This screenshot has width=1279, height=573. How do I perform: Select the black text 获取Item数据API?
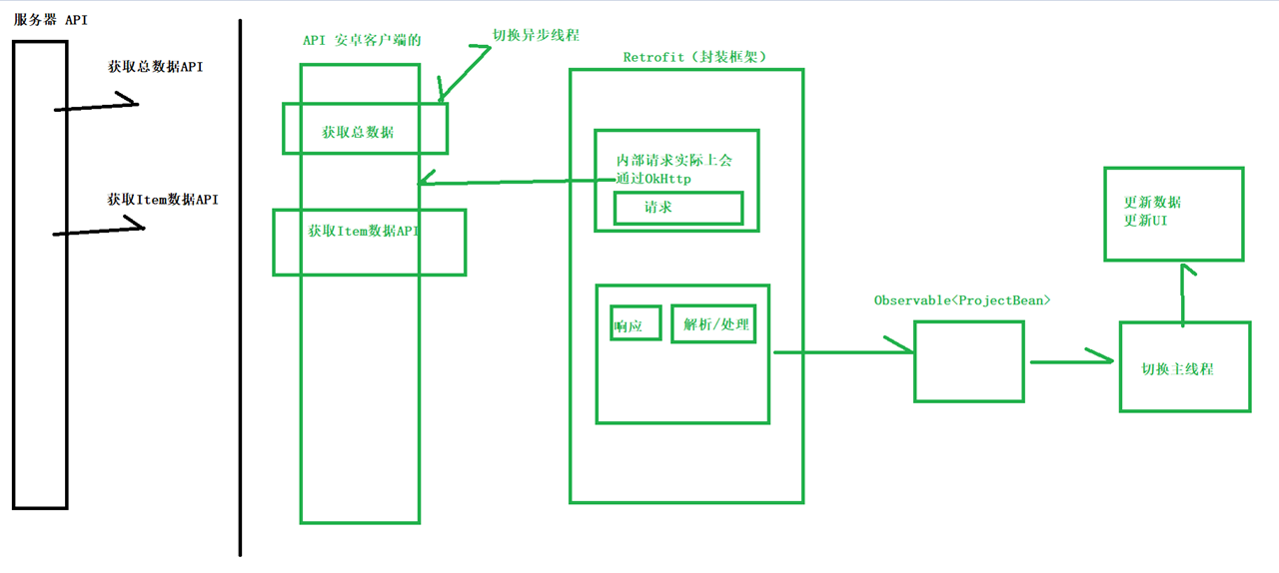click(162, 200)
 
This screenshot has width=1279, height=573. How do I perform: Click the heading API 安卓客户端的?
click(362, 40)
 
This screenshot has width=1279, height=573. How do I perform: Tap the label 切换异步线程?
click(536, 34)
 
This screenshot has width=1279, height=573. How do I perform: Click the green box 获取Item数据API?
click(369, 242)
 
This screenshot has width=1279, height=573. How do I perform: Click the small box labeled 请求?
click(677, 208)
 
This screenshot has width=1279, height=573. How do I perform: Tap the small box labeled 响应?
click(636, 324)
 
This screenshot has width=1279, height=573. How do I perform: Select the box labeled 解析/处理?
click(713, 323)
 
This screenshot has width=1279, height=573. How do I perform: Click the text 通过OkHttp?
click(653, 179)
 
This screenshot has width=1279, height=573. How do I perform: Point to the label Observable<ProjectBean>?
click(963, 299)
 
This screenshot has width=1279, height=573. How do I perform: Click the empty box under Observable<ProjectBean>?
click(968, 361)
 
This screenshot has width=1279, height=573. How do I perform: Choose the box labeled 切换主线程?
click(1184, 366)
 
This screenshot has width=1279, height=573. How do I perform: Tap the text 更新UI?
click(1145, 221)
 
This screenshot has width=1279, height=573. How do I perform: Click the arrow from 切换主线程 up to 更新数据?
click(1184, 294)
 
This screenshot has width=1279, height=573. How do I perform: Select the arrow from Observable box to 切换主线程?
click(1071, 360)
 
